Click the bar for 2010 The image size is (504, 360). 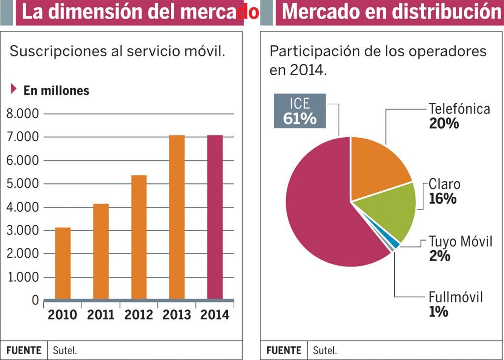pyautogui.click(x=63, y=263)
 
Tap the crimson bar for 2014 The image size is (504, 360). pyautogui.click(x=215, y=217)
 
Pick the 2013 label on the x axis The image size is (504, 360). pyautogui.click(x=177, y=315)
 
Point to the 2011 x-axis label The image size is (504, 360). pyautogui.click(x=100, y=315)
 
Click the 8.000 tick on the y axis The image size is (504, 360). pyautogui.click(x=22, y=114)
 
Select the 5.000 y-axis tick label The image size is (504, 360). pyautogui.click(x=22, y=184)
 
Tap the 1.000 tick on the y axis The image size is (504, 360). pyautogui.click(x=22, y=277)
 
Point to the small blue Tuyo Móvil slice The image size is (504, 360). pyautogui.click(x=395, y=244)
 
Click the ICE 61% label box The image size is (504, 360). pyautogui.click(x=299, y=111)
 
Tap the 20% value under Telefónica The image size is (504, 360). pyautogui.click(x=443, y=123)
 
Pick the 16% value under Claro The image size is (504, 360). pyautogui.click(x=442, y=199)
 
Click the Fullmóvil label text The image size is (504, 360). pyautogui.click(x=455, y=297)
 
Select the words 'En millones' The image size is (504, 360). pyautogui.click(x=57, y=90)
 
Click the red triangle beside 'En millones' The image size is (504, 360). pyautogui.click(x=14, y=89)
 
